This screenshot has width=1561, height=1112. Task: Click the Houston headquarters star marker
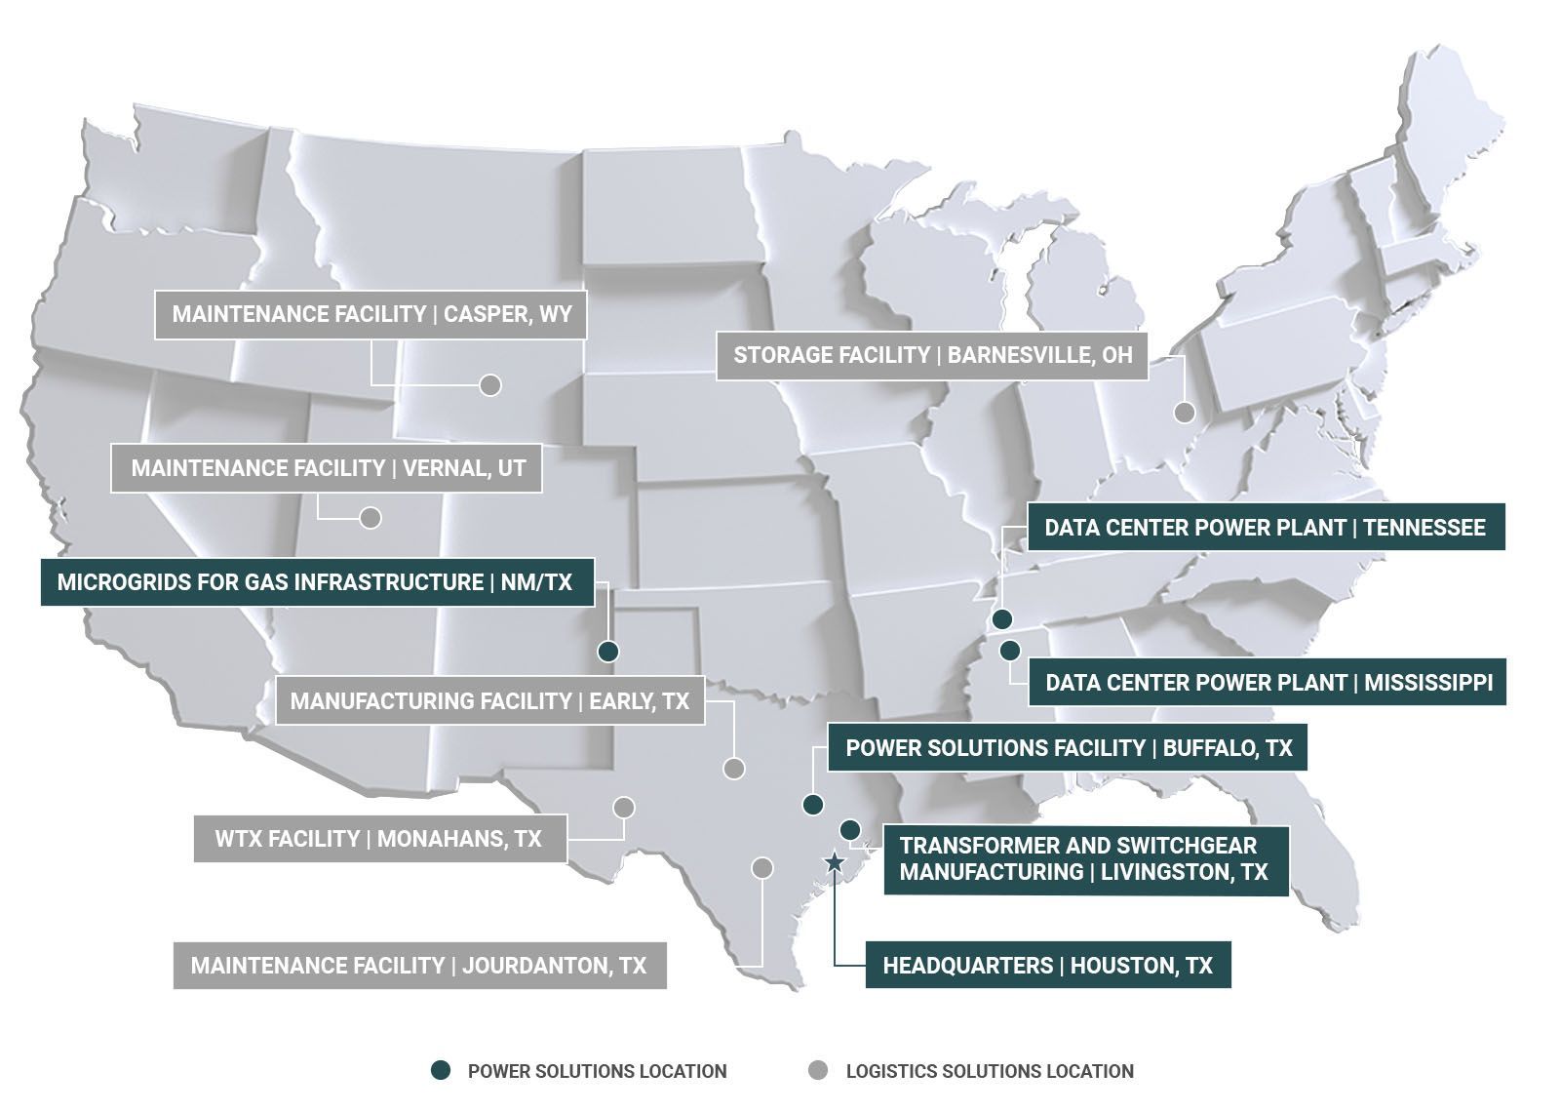(x=835, y=862)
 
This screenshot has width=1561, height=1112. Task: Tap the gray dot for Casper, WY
(x=490, y=384)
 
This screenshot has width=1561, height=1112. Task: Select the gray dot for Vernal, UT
(x=370, y=518)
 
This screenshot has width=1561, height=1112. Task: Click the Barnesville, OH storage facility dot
(x=1184, y=412)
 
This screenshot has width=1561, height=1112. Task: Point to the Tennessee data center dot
(x=1001, y=619)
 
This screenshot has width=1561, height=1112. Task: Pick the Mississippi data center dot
(x=1009, y=650)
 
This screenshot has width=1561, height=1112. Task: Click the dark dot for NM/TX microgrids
(x=608, y=651)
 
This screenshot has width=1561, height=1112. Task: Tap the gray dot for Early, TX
(x=734, y=769)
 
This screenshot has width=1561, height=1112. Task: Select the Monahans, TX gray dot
(x=624, y=808)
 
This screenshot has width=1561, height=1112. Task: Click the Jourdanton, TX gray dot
(x=762, y=867)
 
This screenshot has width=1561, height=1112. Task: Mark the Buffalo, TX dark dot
(x=812, y=805)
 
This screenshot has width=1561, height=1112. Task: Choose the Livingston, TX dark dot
(x=849, y=829)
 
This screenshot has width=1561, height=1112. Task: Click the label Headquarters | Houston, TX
(x=1047, y=966)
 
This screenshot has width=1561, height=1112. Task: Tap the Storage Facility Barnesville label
(x=932, y=355)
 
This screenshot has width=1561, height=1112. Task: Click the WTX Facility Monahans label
(x=378, y=839)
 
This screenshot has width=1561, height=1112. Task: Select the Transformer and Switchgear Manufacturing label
(x=1084, y=858)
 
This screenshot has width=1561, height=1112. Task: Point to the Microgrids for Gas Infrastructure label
(x=314, y=582)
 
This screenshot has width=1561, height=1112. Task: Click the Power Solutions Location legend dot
(x=441, y=1071)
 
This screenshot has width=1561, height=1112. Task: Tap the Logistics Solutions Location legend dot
(x=818, y=1071)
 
